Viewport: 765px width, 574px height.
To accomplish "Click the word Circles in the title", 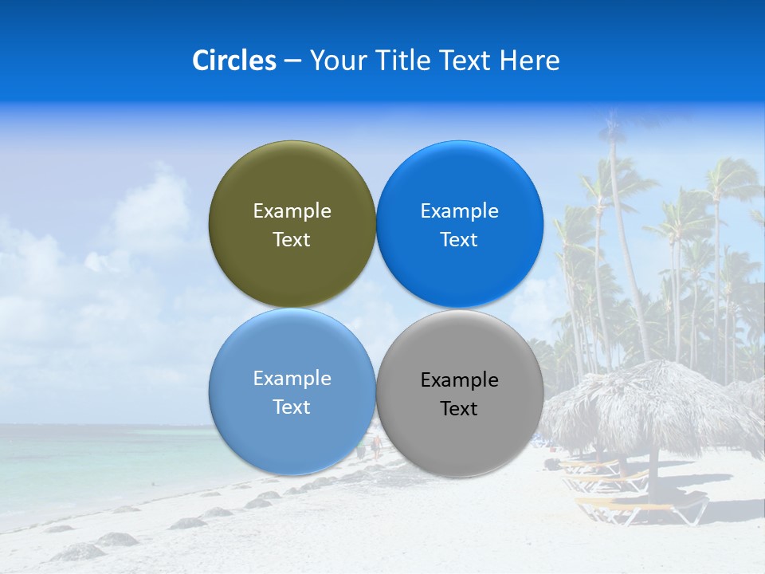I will (233, 61).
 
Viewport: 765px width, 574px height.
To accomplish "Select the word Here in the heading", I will (529, 61).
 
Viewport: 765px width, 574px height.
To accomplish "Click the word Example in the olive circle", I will (292, 211).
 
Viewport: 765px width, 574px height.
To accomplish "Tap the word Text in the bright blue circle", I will (459, 240).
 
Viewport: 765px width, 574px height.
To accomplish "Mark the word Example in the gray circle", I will (459, 380).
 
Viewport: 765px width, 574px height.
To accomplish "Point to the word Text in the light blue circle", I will (292, 407).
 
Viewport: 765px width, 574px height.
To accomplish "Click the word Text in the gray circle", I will (459, 409).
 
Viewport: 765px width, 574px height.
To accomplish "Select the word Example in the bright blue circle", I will (459, 211).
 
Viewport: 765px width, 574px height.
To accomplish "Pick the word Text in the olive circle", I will (292, 240).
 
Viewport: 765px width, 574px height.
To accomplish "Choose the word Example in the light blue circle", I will (292, 379).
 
